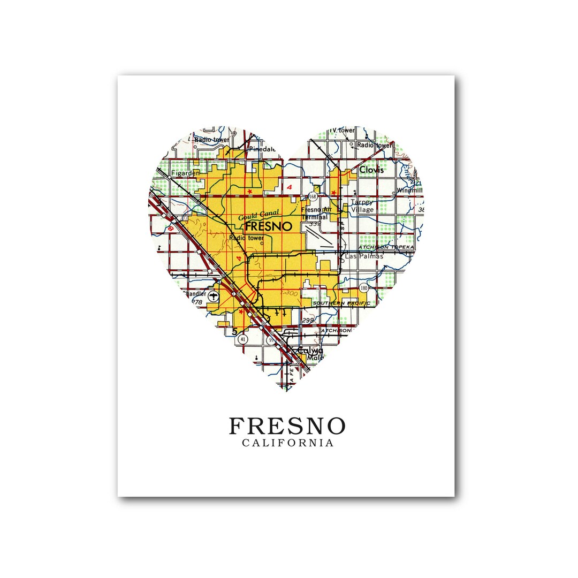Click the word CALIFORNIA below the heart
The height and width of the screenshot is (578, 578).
tap(287, 443)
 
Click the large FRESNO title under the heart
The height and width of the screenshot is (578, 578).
tap(287, 427)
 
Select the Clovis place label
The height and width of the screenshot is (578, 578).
tap(371, 170)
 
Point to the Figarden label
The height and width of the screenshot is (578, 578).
tap(185, 173)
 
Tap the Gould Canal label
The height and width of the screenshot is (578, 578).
tap(256, 216)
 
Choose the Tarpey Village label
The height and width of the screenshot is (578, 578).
tap(362, 206)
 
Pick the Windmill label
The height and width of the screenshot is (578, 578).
tap(410, 190)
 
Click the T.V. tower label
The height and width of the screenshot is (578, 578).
tap(343, 131)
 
